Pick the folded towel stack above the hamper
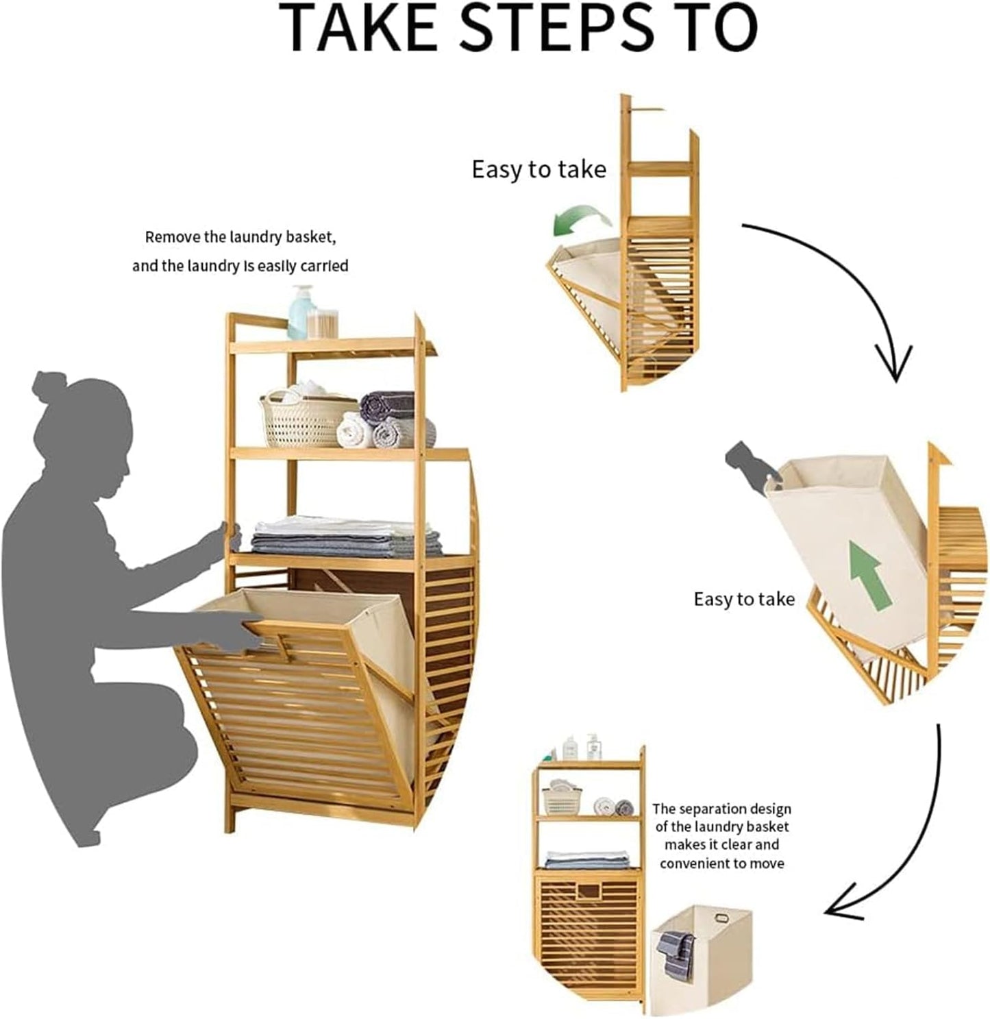coord(346,537)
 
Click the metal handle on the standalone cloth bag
coord(721,918)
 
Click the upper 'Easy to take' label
coord(539,170)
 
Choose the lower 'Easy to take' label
coord(744,600)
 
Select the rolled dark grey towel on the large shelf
coord(387,404)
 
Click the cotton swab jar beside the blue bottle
coord(322,324)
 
